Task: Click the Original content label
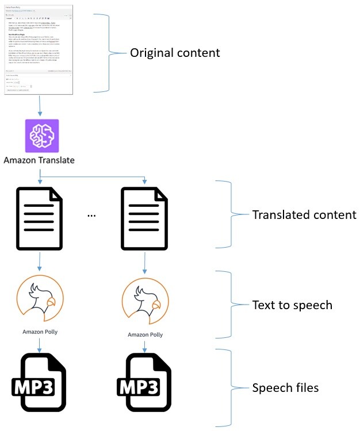[x=175, y=53]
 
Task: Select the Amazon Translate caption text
[x=39, y=160]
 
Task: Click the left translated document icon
[x=39, y=211]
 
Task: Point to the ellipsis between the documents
[x=91, y=214]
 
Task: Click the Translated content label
[x=304, y=215]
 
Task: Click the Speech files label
[x=285, y=388]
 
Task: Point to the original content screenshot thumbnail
[x=39, y=48]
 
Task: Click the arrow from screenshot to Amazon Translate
[x=39, y=106]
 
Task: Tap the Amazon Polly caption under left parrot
[x=40, y=332]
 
